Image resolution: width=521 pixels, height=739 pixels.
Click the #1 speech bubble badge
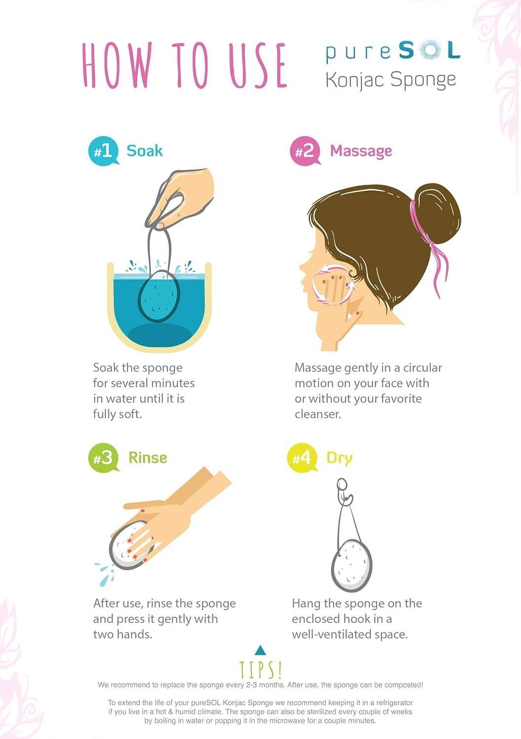(x=104, y=151)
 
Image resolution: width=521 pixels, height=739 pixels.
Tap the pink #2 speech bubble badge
(x=305, y=151)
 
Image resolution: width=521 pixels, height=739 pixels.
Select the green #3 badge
(x=104, y=458)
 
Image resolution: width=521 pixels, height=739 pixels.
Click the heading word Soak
(x=144, y=151)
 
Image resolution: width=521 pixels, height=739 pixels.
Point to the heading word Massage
(x=361, y=152)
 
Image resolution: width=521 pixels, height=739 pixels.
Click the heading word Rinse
(x=147, y=458)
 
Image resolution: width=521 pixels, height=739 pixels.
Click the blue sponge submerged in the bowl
(x=159, y=296)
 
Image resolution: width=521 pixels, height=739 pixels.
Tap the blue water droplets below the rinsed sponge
(x=105, y=573)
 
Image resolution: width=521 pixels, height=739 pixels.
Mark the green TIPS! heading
(x=260, y=670)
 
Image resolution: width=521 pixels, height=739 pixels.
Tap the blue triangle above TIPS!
(x=260, y=650)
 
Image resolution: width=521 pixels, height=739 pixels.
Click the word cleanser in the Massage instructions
(x=317, y=414)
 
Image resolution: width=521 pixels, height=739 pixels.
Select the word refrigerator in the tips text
(x=389, y=703)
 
